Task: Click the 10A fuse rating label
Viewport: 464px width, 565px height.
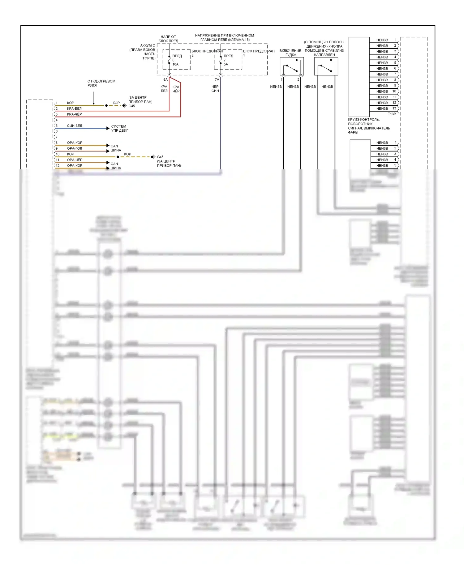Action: point(175,64)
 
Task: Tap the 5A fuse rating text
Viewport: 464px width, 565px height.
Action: point(226,64)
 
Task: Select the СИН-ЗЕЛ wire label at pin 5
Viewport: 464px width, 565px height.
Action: point(75,126)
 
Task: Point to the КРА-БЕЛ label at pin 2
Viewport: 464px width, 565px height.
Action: point(74,108)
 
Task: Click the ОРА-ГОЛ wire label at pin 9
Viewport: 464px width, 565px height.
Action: point(75,148)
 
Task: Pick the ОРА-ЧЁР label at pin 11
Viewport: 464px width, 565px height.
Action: point(75,160)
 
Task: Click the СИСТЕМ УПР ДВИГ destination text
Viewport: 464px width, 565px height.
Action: point(119,128)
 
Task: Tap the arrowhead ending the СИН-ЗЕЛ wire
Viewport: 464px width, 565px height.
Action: point(108,128)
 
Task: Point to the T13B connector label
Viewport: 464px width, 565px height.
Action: point(392,114)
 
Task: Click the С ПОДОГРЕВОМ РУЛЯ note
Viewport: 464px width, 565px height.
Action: point(101,83)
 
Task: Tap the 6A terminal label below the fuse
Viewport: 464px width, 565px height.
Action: point(165,80)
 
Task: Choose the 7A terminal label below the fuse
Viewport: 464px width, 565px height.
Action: point(217,80)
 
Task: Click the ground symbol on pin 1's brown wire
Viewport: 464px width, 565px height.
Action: point(124,105)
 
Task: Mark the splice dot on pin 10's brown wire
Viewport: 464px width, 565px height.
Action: point(118,157)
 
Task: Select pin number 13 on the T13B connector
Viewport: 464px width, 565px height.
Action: point(394,108)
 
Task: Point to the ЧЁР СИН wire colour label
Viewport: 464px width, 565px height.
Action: point(215,89)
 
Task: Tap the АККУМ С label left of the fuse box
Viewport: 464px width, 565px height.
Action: point(148,45)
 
